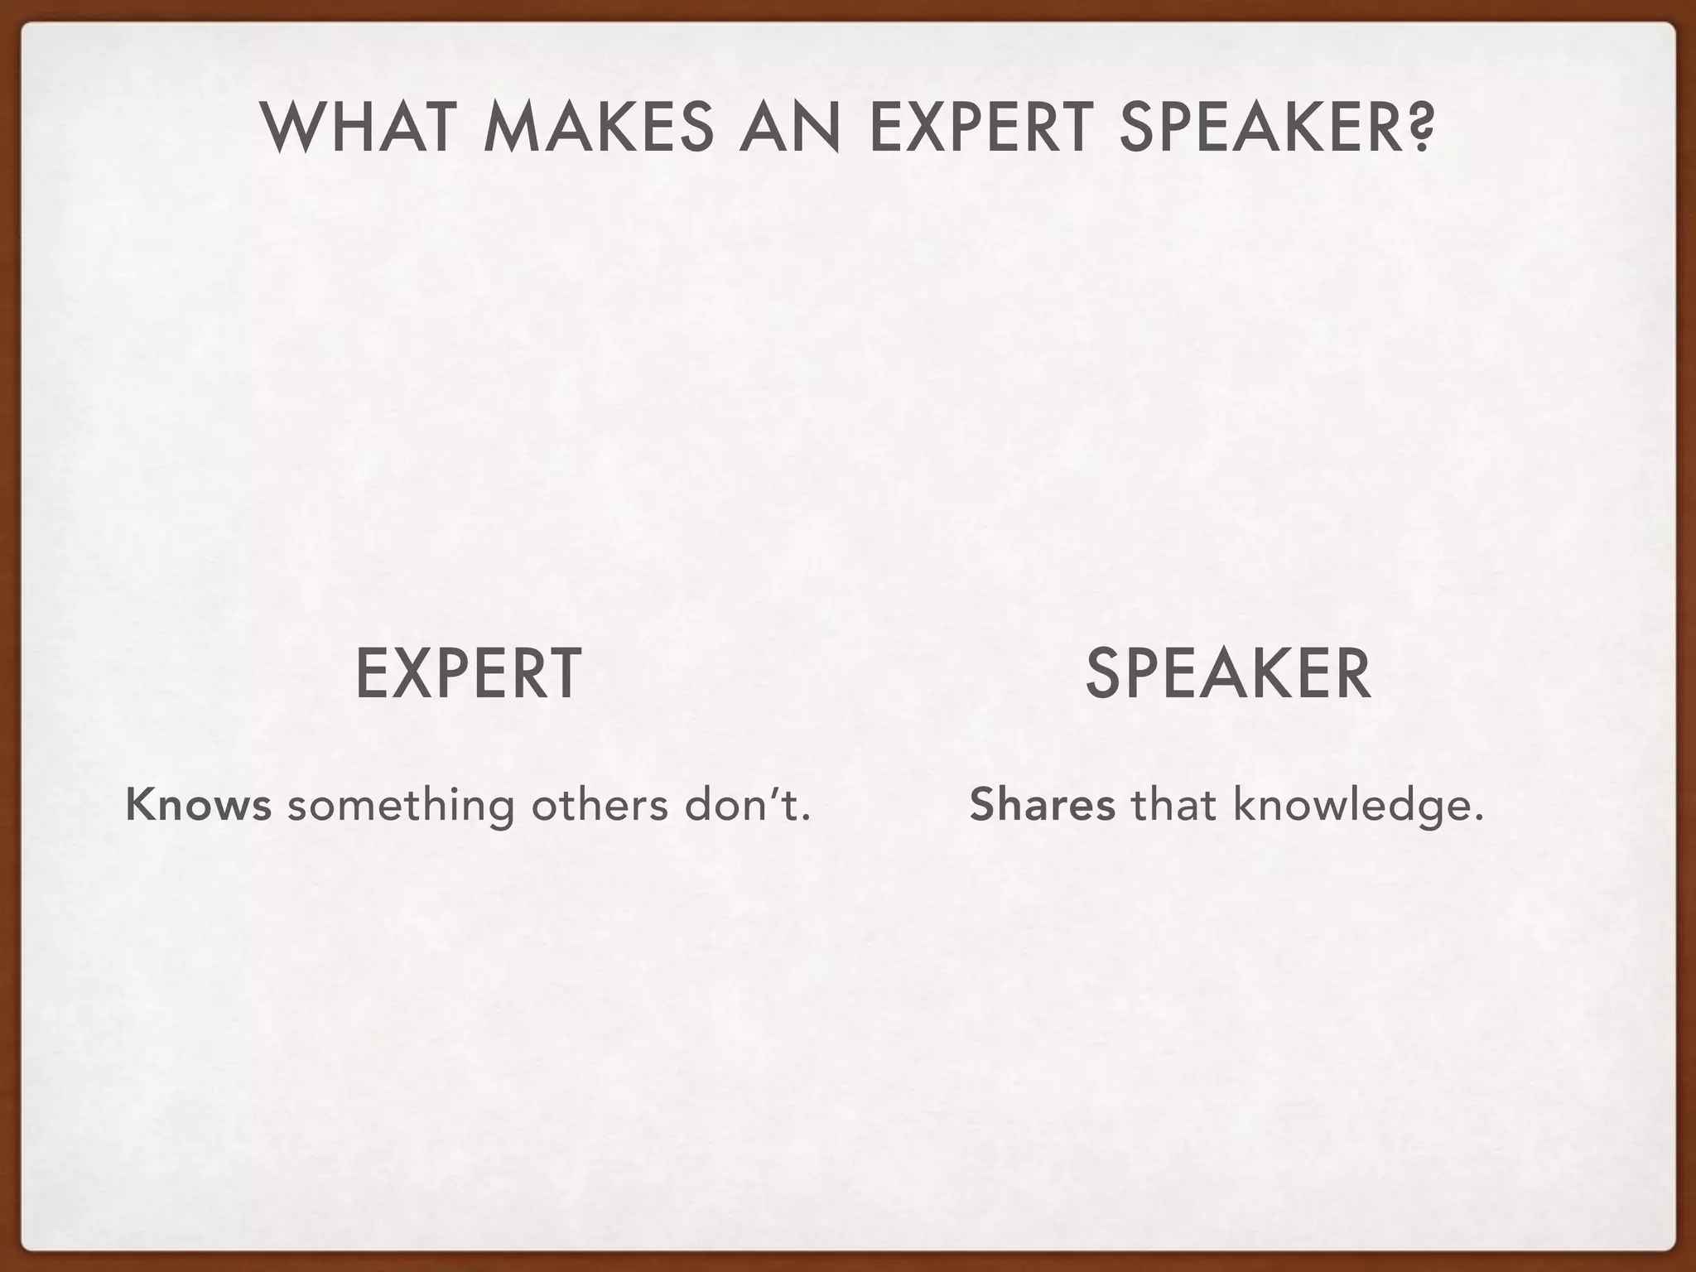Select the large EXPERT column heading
coord(468,675)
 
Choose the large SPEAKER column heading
coord(1227,675)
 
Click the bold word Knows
coord(199,805)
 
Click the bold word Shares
coord(1042,805)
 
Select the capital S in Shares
coord(981,805)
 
